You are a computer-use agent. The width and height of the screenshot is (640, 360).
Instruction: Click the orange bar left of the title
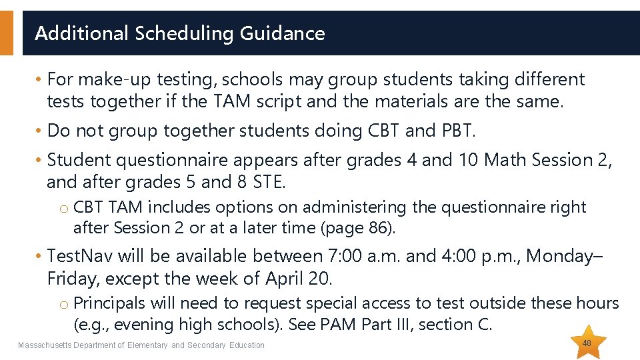[x=6, y=33]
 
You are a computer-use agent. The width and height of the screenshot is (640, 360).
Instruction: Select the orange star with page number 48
[x=587, y=343]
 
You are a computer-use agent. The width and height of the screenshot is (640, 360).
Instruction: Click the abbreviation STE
[x=268, y=181]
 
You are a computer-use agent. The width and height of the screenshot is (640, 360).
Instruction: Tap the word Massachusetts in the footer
[x=42, y=345]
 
